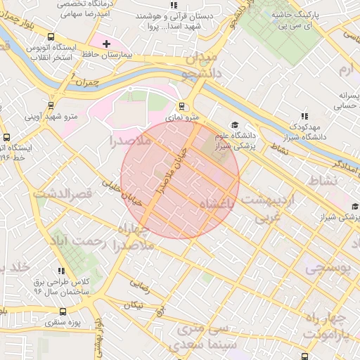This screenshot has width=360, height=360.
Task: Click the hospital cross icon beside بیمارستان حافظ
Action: point(106,44)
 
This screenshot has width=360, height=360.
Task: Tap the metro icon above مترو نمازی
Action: point(182,107)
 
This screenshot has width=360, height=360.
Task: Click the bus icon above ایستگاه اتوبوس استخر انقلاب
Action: point(51,37)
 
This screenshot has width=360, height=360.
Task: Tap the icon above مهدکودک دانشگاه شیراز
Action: point(304,116)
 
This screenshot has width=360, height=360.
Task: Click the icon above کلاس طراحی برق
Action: point(61,271)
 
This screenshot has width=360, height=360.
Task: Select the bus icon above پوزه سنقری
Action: point(63,311)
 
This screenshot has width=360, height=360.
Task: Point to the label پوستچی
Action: point(326,267)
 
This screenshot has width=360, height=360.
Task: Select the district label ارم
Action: point(347,70)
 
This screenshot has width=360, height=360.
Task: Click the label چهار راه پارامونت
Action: point(325,323)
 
